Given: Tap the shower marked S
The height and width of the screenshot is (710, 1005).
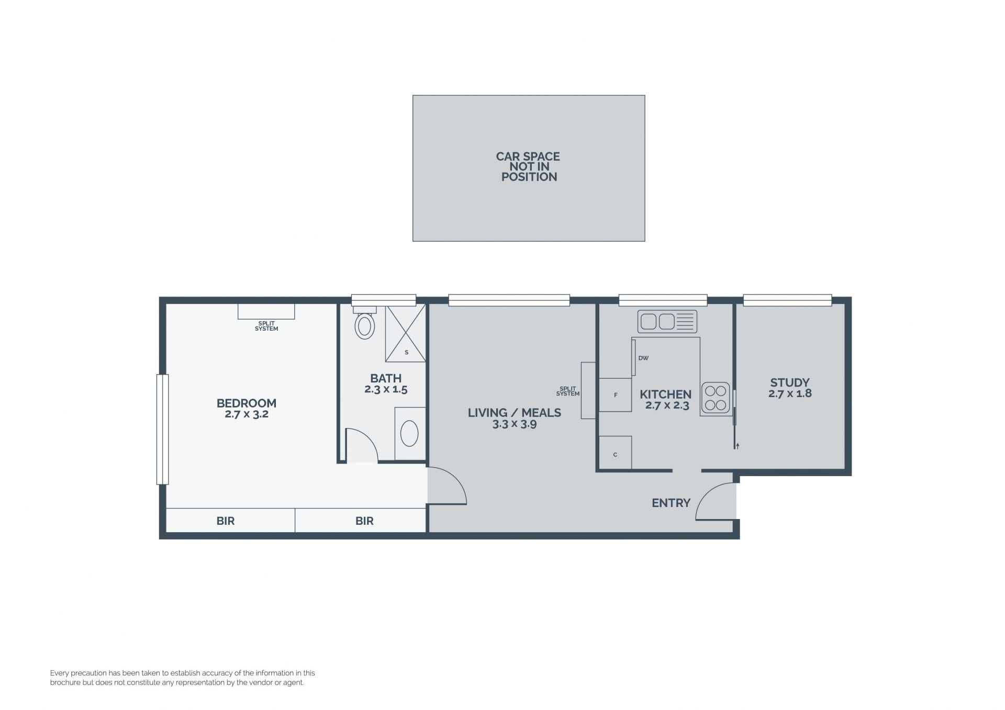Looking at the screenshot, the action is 406,333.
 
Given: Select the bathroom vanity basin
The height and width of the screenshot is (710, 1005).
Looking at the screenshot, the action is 409,434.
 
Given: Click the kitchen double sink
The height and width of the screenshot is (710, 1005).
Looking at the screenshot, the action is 667,321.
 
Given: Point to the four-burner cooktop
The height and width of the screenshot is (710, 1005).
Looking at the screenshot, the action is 716,398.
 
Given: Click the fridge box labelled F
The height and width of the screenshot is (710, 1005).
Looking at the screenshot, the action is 615,395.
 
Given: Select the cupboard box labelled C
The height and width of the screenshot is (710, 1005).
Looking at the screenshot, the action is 615,453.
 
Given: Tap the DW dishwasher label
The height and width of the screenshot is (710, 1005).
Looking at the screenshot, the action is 643,358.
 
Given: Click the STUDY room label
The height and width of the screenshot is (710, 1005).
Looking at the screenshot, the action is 790,382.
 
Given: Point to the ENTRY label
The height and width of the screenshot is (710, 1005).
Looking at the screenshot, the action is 671,503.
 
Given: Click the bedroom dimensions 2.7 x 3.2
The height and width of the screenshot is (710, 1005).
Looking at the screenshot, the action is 247,414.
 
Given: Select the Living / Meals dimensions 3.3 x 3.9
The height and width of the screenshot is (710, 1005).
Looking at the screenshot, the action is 515,424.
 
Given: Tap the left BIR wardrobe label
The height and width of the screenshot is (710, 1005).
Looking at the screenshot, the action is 226,521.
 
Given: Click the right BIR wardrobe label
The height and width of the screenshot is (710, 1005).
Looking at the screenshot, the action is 364,521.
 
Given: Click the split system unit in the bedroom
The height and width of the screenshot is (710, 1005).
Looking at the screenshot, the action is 266,311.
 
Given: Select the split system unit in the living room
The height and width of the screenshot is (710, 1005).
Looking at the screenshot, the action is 588,390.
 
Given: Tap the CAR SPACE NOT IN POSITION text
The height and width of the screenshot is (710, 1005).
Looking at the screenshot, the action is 529,167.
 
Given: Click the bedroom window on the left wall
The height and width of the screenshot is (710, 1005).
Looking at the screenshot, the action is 163,430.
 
